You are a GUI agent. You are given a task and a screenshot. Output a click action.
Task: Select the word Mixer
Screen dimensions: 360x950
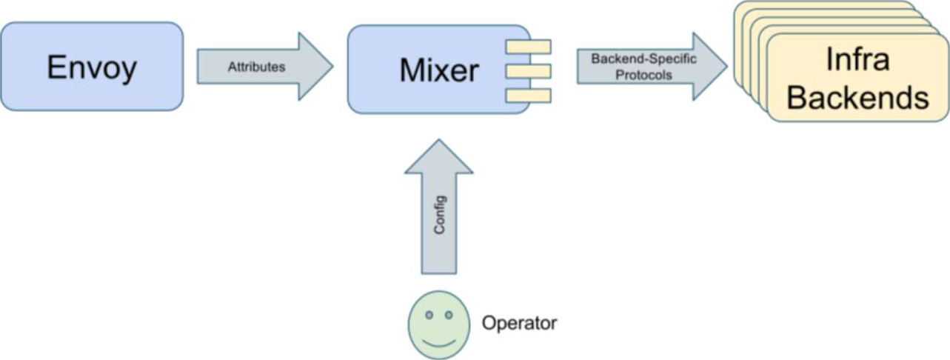click(439, 70)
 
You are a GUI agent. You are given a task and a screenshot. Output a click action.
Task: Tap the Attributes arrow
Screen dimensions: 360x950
click(264, 66)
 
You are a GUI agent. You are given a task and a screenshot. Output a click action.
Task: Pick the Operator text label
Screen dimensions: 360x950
click(519, 323)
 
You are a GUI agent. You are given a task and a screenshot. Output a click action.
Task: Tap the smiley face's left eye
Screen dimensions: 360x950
click(429, 316)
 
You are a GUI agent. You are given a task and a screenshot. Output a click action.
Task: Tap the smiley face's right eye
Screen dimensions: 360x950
click(448, 316)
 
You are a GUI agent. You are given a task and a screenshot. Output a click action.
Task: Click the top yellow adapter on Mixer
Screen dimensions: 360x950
click(528, 47)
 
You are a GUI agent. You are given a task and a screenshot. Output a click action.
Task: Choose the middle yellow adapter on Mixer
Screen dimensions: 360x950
click(528, 71)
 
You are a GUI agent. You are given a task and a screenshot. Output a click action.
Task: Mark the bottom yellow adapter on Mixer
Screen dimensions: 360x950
click(528, 95)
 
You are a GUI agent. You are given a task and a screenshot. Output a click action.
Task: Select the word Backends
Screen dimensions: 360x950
click(857, 97)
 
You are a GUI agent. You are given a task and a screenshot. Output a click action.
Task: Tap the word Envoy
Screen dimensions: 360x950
click(92, 68)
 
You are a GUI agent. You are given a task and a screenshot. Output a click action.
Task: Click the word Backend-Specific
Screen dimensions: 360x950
click(643, 59)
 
